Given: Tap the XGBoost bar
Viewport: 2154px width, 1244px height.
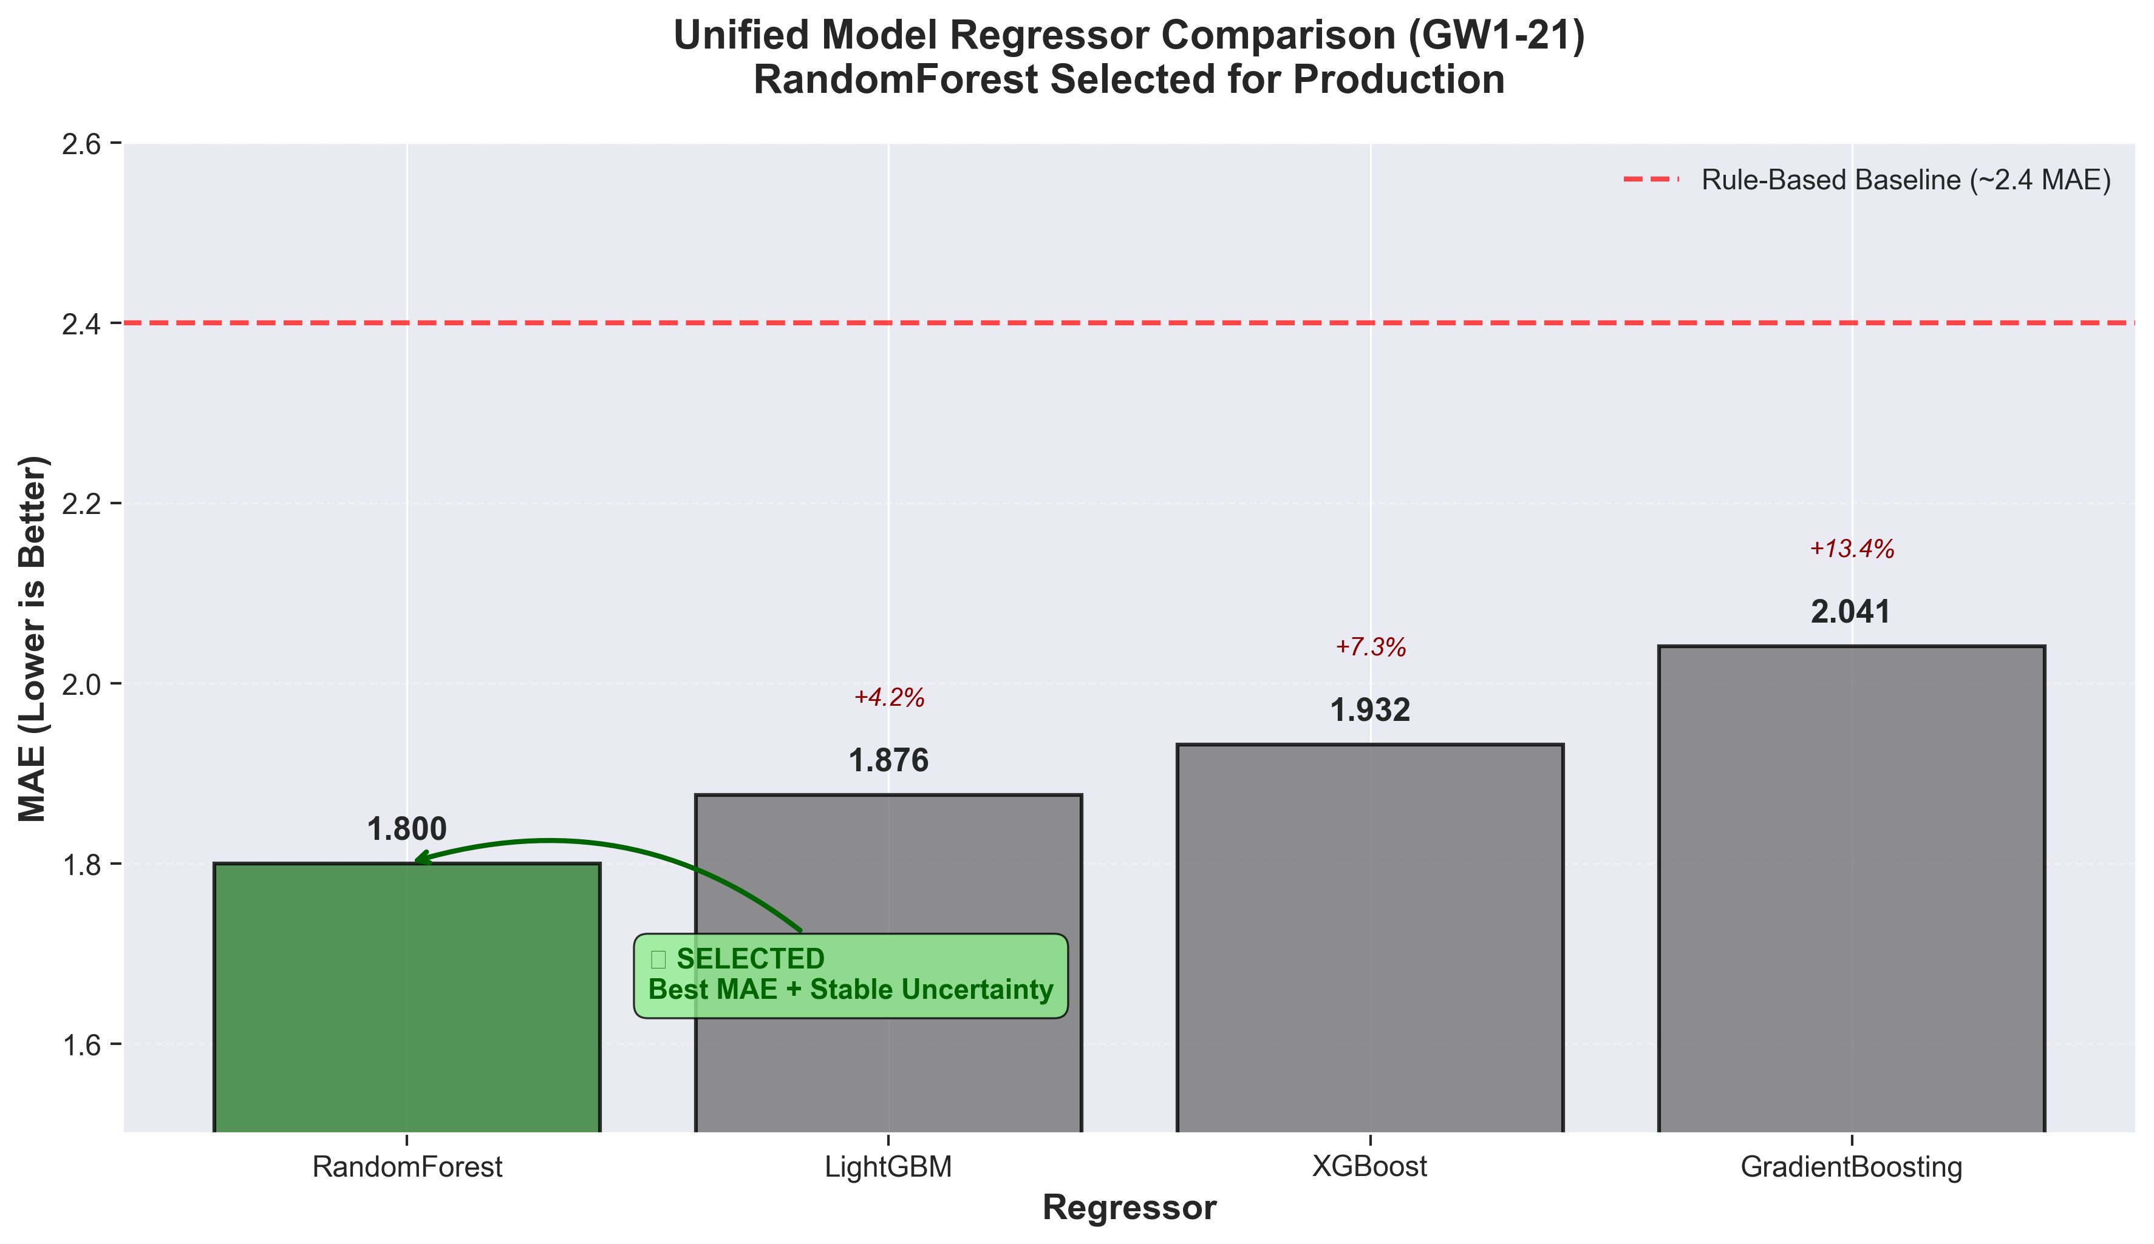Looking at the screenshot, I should (x=1370, y=940).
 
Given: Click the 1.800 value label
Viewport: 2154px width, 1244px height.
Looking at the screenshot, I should (x=407, y=830).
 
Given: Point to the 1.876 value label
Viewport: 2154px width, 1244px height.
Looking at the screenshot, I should (x=889, y=761).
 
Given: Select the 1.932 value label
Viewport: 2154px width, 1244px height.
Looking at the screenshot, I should (x=1370, y=711).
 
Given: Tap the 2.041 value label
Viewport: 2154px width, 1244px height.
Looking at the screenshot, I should (x=1852, y=613).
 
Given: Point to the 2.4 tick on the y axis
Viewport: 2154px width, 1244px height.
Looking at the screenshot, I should (x=81, y=324).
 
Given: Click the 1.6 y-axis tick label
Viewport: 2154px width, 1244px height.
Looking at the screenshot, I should (x=81, y=1044).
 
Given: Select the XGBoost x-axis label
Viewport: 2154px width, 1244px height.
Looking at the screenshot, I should (x=1370, y=1167).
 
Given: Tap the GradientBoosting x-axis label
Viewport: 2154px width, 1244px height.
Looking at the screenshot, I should (x=1852, y=1167).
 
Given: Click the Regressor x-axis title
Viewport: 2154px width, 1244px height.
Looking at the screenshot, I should (x=1129, y=1208).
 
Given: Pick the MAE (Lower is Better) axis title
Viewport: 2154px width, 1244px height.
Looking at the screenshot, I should (x=33, y=638).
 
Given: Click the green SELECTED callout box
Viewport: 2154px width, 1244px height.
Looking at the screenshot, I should (x=851, y=975).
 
